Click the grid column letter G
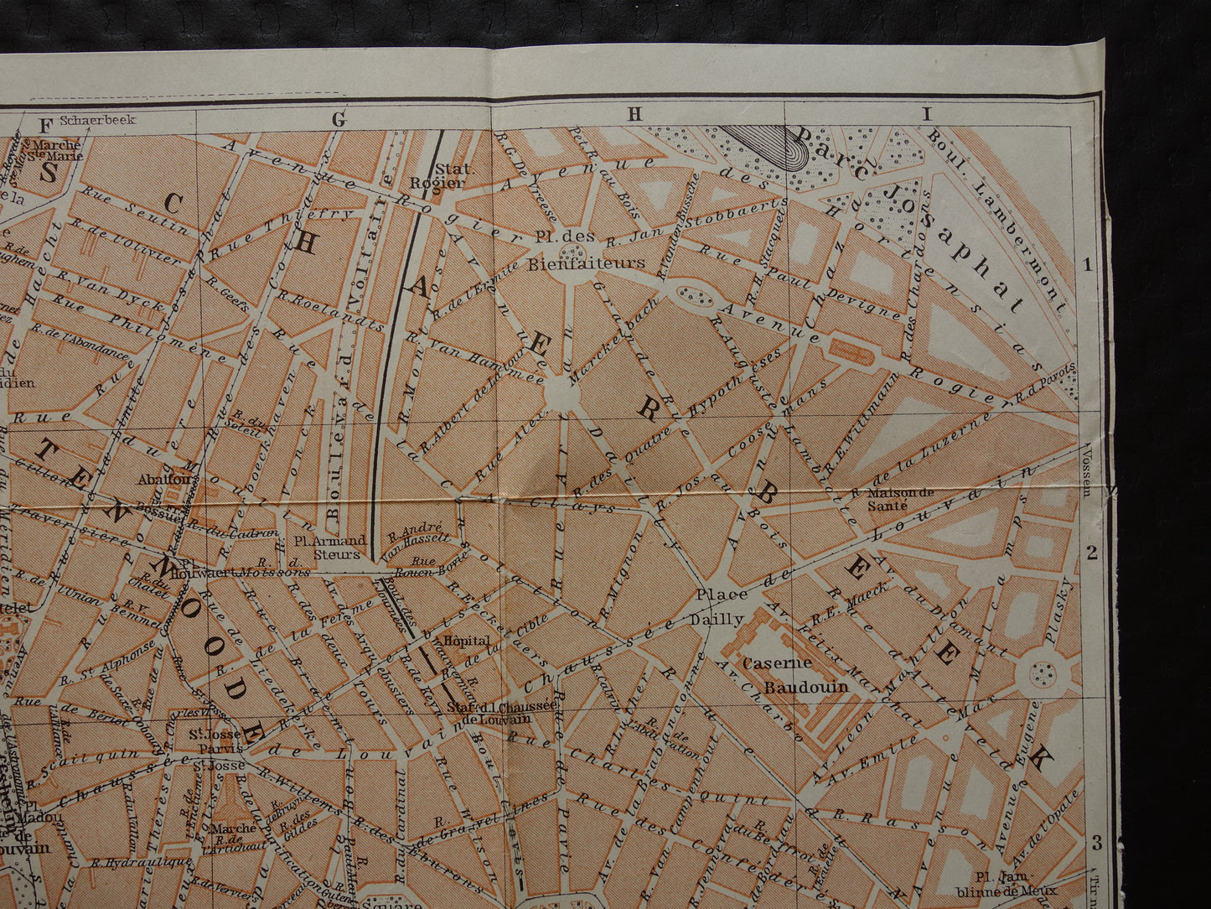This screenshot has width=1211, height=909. point(339,120)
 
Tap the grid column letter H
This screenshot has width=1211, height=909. point(634,115)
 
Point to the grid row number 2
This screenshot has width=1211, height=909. point(1090,553)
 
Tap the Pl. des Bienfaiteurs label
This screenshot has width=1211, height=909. point(586,250)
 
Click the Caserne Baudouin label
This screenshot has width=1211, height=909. point(805,675)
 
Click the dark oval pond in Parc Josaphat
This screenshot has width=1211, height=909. point(767,146)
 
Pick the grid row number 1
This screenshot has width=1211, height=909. point(1088,266)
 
